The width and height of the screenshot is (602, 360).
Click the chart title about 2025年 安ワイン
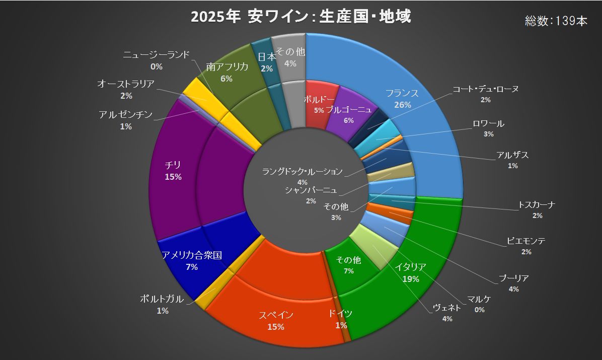[300, 17]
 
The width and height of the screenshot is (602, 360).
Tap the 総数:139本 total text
[556, 21]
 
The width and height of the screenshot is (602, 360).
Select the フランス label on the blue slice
[402, 94]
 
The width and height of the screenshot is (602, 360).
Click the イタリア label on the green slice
[411, 267]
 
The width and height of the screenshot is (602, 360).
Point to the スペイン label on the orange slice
[276, 315]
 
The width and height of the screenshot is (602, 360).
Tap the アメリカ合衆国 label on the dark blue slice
[192, 255]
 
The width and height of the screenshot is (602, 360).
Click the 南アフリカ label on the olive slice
[227, 67]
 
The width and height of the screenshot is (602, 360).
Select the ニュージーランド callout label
[156, 54]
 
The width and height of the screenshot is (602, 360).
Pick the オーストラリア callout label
[126, 84]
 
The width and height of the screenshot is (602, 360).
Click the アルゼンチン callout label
[126, 114]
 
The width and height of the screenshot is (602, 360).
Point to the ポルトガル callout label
[162, 299]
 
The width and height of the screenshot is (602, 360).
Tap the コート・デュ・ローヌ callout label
[485, 89]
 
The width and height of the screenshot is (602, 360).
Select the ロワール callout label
[488, 123]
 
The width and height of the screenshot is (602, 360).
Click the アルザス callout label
[512, 155]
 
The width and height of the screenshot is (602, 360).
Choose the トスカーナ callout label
[537, 205]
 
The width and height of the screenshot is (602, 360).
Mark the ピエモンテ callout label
[526, 241]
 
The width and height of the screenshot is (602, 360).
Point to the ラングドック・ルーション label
[302, 172]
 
